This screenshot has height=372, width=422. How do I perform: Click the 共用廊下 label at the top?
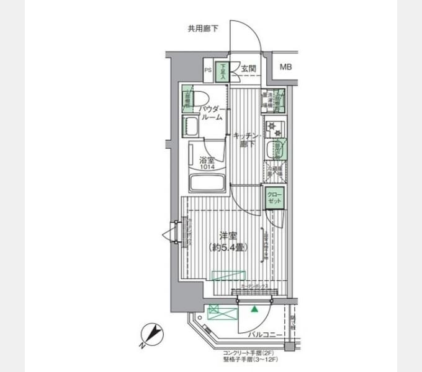point(203,28)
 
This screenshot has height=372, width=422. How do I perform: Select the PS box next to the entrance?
point(208,70)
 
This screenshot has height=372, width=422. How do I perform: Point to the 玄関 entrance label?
point(248,69)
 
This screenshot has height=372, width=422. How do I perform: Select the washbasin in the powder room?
point(190,127)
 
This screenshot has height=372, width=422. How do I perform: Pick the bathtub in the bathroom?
point(207,183)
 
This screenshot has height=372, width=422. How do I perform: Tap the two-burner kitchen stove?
point(274,129)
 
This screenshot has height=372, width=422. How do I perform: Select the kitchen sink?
point(274,150)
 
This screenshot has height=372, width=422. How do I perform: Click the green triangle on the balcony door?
point(254,308)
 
